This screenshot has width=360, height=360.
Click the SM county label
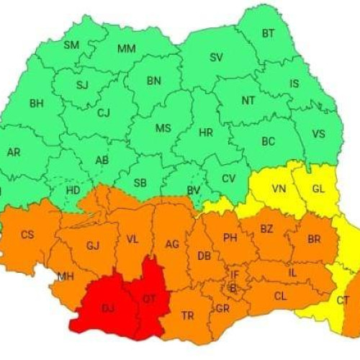click(x=71, y=45)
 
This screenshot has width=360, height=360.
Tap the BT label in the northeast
click(x=269, y=33)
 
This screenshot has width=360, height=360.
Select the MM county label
click(x=127, y=49)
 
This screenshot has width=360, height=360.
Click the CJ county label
click(x=104, y=112)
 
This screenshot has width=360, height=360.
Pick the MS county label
click(x=163, y=128)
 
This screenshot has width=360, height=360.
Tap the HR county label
click(x=206, y=133)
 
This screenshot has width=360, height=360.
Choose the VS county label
click(x=319, y=133)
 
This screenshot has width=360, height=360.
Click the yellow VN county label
click(x=279, y=189)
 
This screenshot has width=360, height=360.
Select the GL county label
click(x=318, y=189)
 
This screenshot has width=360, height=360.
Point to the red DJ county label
click(x=108, y=308)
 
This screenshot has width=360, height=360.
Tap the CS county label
click(x=27, y=235)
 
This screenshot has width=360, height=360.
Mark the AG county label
click(x=172, y=244)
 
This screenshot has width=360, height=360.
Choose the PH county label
click(x=230, y=238)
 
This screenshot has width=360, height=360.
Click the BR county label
click(x=314, y=239)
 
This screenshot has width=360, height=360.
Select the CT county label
click(x=343, y=300)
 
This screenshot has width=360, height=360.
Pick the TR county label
click(x=187, y=315)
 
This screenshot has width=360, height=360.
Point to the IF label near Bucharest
click(x=234, y=274)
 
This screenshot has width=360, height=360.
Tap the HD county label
click(x=73, y=190)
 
